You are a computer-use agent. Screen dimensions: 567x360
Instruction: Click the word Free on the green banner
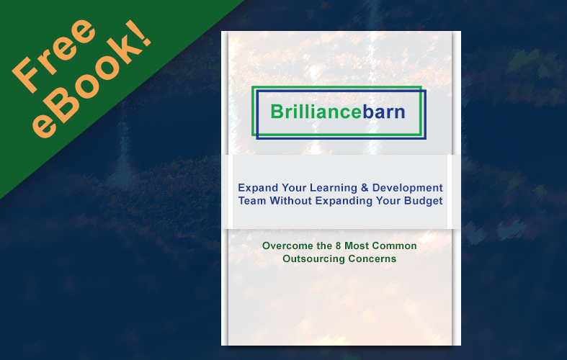tap(53, 55)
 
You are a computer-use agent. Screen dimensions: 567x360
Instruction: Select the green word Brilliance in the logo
tap(316, 112)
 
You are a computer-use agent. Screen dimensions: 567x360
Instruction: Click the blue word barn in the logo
tap(384, 112)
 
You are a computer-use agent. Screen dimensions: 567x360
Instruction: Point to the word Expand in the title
tap(258, 188)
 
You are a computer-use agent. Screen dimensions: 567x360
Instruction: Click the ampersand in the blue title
tap(365, 188)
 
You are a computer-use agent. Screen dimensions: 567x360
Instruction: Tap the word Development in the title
tap(408, 188)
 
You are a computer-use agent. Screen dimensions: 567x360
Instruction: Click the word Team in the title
tap(252, 201)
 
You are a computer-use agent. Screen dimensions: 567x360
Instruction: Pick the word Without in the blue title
tap(291, 201)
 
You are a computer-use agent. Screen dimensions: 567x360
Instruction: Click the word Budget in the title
tap(423, 201)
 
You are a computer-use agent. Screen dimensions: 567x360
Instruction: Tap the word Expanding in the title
tap(344, 201)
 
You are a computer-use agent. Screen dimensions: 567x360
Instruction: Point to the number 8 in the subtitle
tap(338, 246)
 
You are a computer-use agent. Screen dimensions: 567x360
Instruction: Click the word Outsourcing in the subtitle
tap(310, 258)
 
